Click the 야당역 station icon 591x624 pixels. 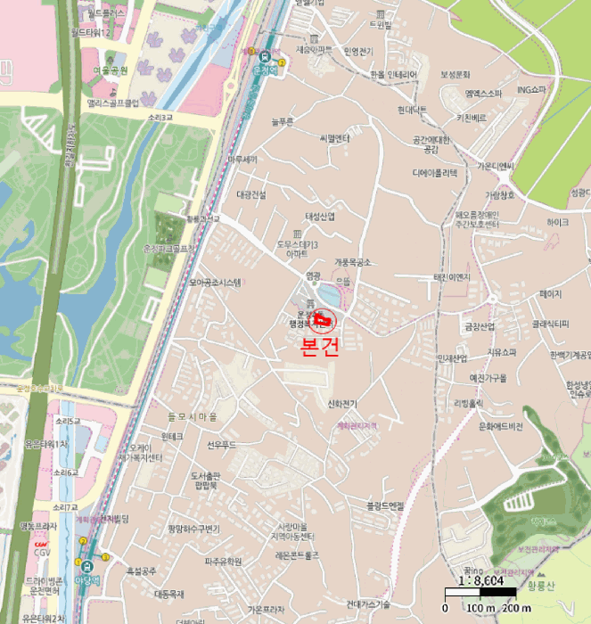point(86,565)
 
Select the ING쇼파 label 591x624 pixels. point(535,89)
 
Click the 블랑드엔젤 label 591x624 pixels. point(385,505)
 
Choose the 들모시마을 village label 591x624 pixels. point(192,416)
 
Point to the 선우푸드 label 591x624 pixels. point(220,444)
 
